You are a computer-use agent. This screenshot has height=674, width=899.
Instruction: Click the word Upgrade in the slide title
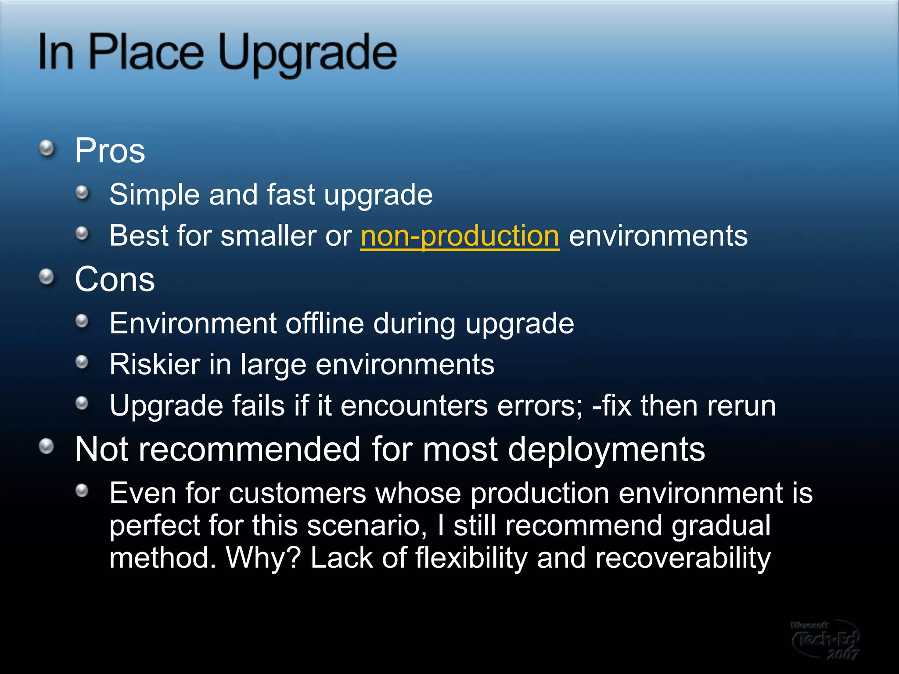307,54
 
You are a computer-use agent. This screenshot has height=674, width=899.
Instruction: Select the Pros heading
110,151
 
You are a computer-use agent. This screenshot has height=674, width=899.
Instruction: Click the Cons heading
115,280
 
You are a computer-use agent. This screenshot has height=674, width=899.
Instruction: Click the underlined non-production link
460,236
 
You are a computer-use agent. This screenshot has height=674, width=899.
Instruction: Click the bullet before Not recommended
47,447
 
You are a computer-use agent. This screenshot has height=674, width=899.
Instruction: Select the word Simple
154,194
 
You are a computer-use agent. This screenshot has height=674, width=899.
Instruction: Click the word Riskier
155,364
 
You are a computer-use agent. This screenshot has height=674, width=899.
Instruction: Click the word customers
298,493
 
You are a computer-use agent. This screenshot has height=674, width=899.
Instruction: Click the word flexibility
471,558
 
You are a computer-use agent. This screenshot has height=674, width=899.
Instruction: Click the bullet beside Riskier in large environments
82,362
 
